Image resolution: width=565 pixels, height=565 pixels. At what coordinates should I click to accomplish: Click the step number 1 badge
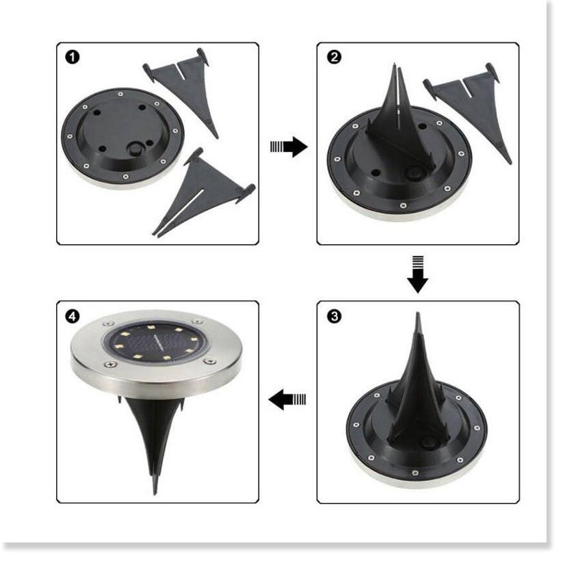tap(73, 57)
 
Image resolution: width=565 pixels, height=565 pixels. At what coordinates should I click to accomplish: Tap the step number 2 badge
tap(334, 57)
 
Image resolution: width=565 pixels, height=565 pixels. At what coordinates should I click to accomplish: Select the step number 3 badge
tap(334, 317)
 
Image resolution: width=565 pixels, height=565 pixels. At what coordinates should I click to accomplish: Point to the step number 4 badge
tap(73, 317)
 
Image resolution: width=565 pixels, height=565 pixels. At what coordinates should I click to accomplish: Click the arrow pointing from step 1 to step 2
tap(289, 146)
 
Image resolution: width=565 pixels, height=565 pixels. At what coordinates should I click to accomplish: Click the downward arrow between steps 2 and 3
tap(418, 274)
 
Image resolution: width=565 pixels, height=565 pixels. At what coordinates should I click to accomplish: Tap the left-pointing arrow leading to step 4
tap(287, 399)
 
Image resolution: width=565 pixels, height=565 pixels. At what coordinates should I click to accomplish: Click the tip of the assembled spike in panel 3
tap(418, 313)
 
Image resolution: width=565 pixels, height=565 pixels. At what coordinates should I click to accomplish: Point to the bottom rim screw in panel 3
tap(415, 473)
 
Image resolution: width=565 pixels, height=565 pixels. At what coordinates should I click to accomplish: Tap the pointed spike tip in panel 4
tap(155, 493)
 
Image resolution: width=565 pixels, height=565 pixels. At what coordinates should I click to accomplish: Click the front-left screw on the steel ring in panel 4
tap(111, 365)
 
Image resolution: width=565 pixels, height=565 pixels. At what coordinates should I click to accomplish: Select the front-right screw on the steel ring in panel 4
tap(209, 360)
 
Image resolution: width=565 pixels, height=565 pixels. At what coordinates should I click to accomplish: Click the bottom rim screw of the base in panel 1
tap(125, 176)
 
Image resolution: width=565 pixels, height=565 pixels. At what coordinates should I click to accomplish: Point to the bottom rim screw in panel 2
tap(403, 206)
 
